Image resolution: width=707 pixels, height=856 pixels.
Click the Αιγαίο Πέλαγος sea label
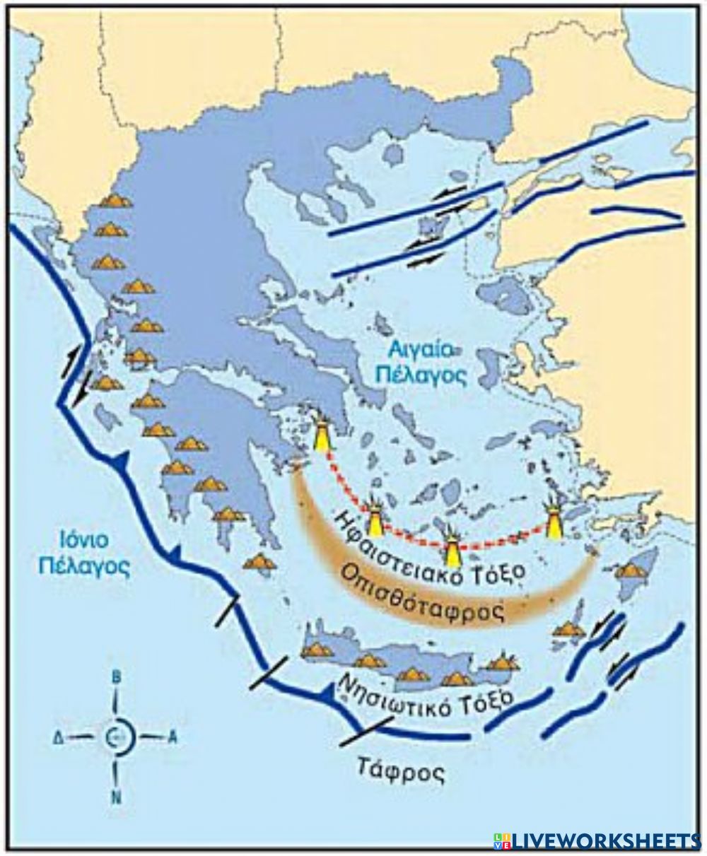[421, 360]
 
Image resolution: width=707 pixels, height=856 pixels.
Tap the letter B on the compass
[117, 677]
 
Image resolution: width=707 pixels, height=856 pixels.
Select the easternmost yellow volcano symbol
[554, 520]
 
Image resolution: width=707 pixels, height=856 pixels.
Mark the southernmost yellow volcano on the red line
[452, 544]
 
